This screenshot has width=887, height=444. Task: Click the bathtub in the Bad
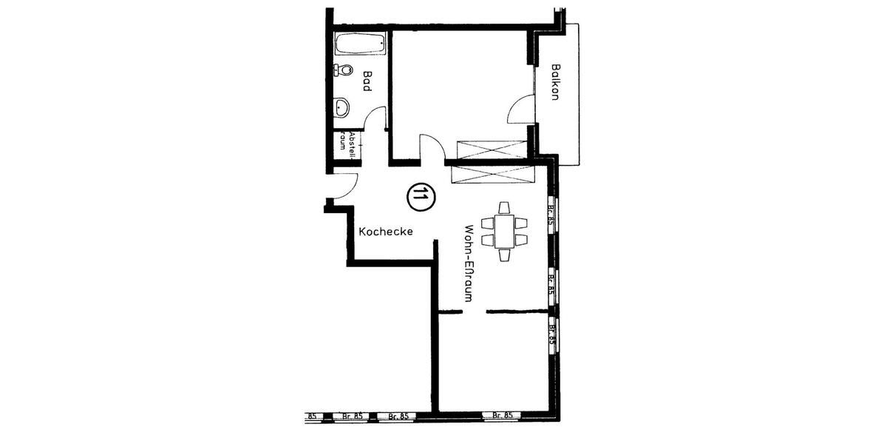coord(360,44)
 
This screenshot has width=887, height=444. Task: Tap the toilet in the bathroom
coord(343,70)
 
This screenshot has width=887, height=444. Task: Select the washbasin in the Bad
coord(343,108)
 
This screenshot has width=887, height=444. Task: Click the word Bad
coord(366,81)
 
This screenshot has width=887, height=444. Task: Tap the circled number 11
coord(421,195)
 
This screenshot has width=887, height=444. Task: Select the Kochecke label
coord(385,232)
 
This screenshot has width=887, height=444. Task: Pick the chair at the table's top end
coord(504,207)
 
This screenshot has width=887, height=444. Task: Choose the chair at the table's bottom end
coord(504,255)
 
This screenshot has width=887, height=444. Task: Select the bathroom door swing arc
coord(375,118)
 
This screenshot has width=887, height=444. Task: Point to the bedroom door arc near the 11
coord(432,146)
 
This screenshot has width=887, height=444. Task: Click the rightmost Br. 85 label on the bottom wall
coord(503,416)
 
